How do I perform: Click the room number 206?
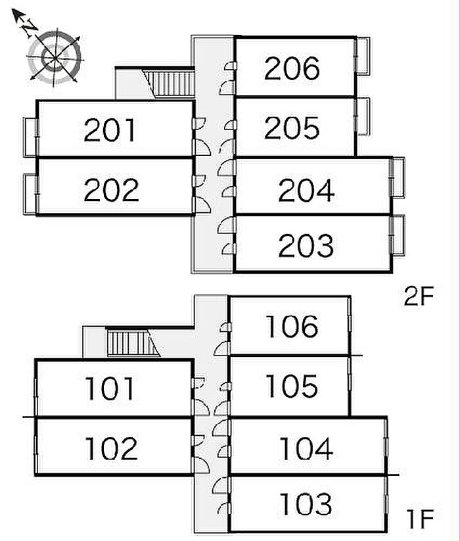pyautogui.click(x=292, y=68)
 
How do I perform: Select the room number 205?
pyautogui.click(x=292, y=128)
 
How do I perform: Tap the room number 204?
pyautogui.click(x=306, y=190)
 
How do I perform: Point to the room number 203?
pyautogui.click(x=306, y=246)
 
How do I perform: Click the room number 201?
pyautogui.click(x=111, y=131)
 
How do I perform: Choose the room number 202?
pyautogui.click(x=112, y=190)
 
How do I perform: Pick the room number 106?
pyautogui.click(x=292, y=326)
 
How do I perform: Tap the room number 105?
pyautogui.click(x=292, y=387)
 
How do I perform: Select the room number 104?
pyautogui.click(x=306, y=449)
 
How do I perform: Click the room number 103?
pyautogui.click(x=306, y=505)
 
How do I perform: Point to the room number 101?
pyautogui.click(x=110, y=389)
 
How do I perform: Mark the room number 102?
pyautogui.click(x=111, y=448)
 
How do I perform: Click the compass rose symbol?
pyautogui.click(x=55, y=57)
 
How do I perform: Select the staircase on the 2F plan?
pyautogui.click(x=170, y=83)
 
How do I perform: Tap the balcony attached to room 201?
pyautogui.click(x=29, y=137)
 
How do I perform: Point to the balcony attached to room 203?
pyautogui.click(x=397, y=235)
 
